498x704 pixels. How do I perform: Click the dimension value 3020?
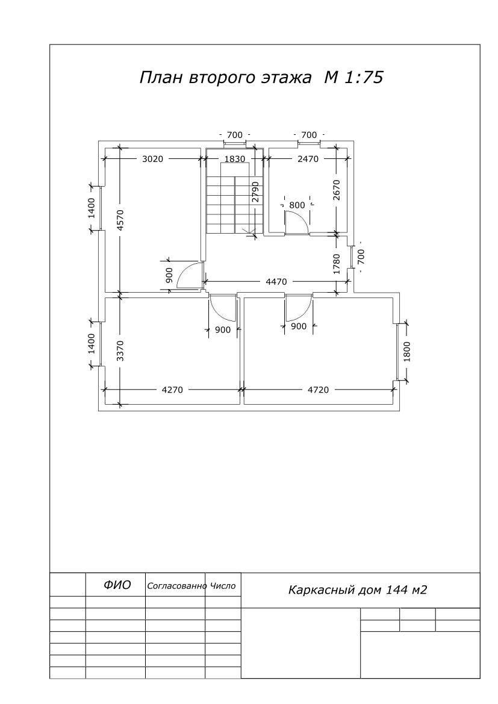point(153,158)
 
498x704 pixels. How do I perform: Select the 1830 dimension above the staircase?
point(234,158)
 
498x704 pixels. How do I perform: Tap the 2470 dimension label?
point(308,158)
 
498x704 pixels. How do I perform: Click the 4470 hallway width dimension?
point(276,282)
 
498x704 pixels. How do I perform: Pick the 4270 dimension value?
point(172,390)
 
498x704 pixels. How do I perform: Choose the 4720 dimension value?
point(318,390)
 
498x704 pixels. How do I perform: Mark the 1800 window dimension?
point(407,352)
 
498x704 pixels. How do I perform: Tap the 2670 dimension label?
point(337,190)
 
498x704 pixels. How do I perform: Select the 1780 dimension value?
point(337,264)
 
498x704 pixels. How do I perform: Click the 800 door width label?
point(297,205)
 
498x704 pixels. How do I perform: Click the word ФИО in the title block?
point(117,585)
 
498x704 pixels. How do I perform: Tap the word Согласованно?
point(177,586)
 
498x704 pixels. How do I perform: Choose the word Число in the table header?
point(223,586)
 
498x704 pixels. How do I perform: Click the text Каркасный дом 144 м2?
point(358,590)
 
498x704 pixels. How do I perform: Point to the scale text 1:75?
point(363,77)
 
